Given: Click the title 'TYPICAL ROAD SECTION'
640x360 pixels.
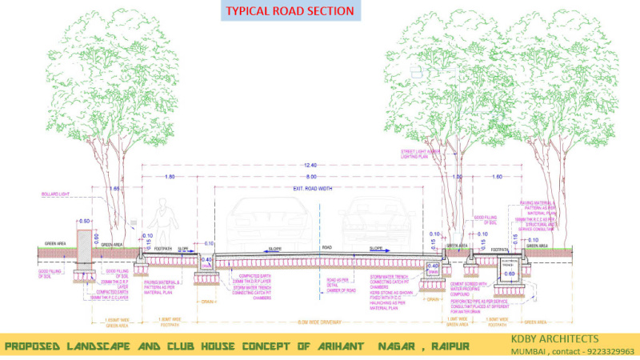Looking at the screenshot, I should [290, 11].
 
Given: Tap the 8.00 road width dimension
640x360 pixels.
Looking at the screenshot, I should [310, 175].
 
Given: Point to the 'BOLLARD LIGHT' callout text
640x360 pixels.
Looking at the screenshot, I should [58, 194].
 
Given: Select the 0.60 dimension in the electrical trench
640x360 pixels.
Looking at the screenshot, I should [510, 274].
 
